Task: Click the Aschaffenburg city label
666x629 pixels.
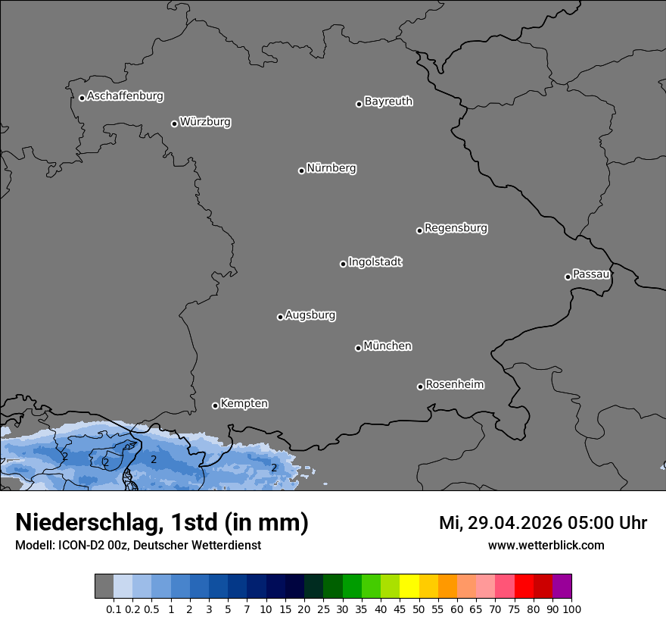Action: click(x=125, y=96)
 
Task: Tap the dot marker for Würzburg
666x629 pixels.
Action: click(x=174, y=124)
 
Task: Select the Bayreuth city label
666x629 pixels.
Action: click(x=388, y=102)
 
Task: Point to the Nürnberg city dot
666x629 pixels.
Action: click(x=301, y=171)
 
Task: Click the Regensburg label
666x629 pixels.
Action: click(x=456, y=227)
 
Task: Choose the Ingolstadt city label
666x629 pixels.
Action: click(x=375, y=262)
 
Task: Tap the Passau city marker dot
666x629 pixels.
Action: click(x=568, y=277)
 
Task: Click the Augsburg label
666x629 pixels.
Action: click(x=310, y=315)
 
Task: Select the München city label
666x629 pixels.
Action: click(x=387, y=346)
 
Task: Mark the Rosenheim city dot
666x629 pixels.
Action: click(x=420, y=387)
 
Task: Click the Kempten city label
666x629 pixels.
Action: click(x=244, y=404)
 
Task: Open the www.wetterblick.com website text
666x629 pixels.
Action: click(x=546, y=545)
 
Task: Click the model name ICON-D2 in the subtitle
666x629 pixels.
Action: click(x=84, y=545)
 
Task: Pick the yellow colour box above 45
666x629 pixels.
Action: click(x=409, y=587)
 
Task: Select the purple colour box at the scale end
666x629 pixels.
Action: click(x=562, y=587)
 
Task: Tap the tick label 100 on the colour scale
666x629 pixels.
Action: click(x=571, y=609)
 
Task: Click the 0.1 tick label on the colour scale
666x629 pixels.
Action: click(x=114, y=609)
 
